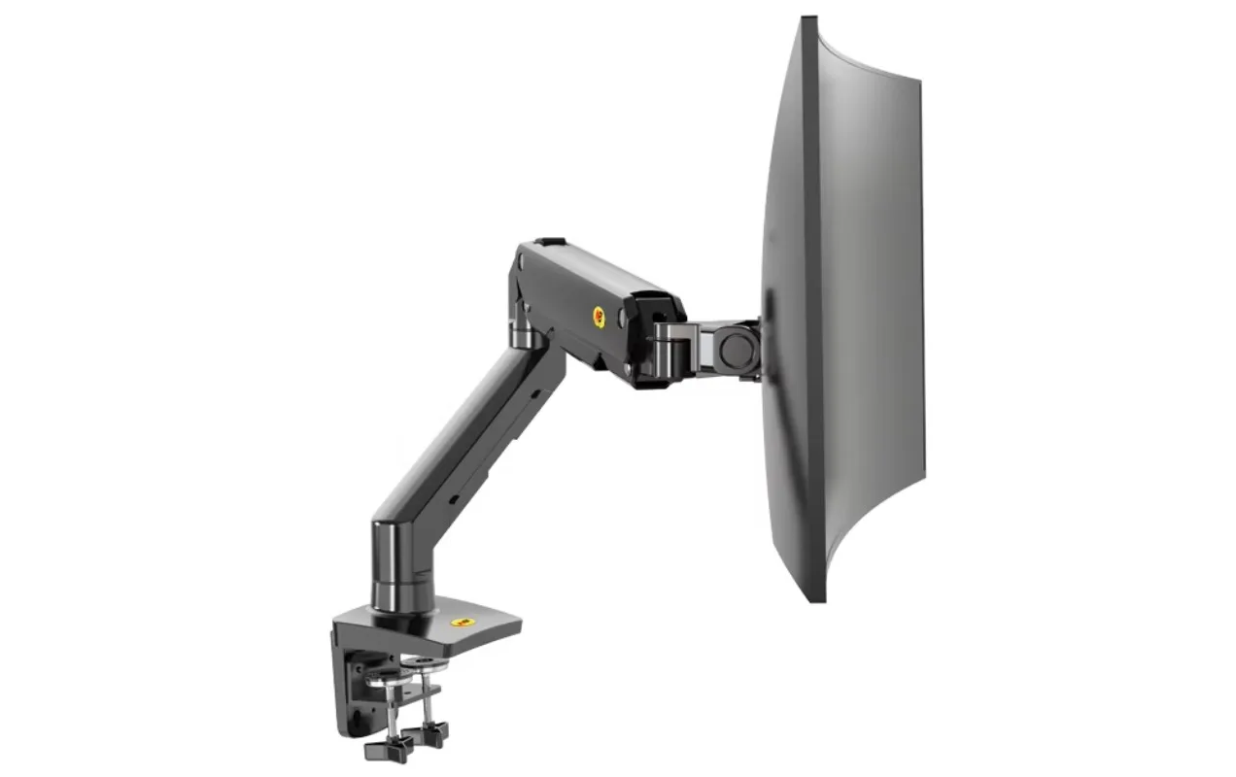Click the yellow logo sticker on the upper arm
[x=599, y=317]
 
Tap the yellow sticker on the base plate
[x=462, y=622]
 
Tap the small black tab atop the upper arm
[x=551, y=242]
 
